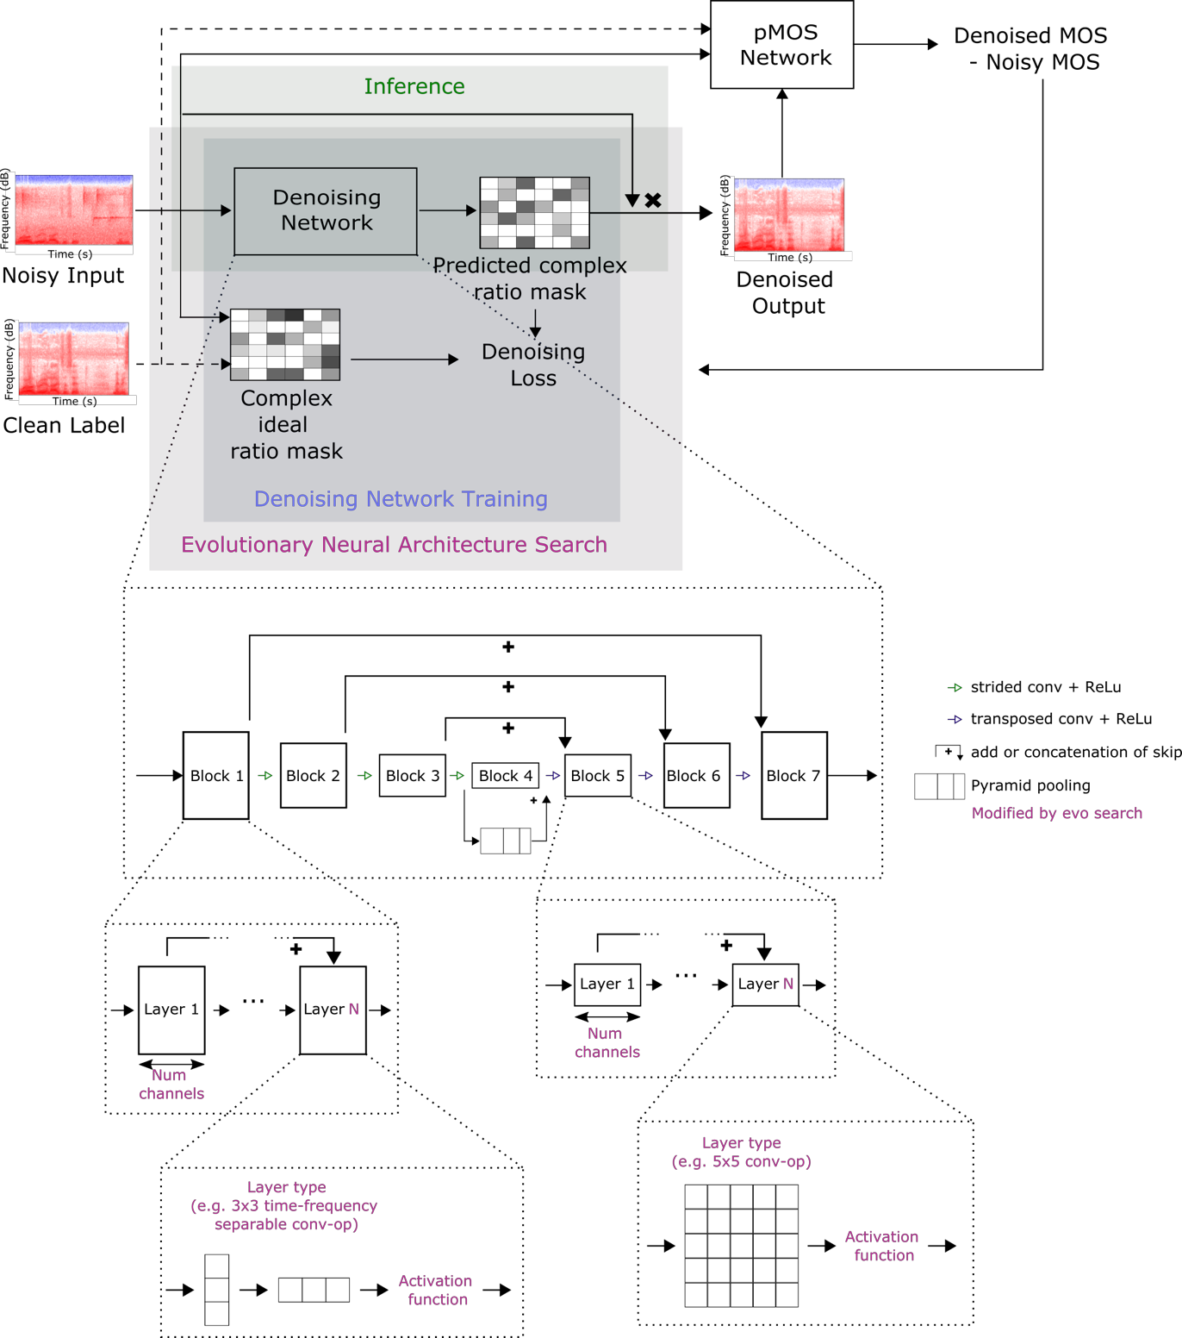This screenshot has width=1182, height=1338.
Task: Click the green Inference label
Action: [x=414, y=86]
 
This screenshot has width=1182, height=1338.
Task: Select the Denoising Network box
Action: [x=326, y=211]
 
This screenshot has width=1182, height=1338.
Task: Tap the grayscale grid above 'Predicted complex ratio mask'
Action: [x=534, y=213]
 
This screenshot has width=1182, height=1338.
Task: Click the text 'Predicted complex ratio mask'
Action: [x=529, y=278]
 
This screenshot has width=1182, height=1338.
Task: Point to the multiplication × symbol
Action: [x=653, y=200]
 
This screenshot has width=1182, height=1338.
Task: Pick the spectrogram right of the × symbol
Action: [x=788, y=215]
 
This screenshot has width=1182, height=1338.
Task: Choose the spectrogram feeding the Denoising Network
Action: [x=74, y=210]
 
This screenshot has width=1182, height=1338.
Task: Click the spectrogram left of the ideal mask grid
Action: [x=74, y=359]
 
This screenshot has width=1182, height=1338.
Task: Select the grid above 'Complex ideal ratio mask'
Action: [x=285, y=345]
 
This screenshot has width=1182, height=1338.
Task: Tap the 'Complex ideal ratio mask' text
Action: [x=286, y=424]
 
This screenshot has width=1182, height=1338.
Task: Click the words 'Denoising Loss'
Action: [x=532, y=365]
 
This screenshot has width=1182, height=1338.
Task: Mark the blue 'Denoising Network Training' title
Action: [x=401, y=499]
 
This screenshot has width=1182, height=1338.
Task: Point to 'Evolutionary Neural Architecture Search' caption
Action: [x=394, y=545]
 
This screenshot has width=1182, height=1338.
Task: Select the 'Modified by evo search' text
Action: [x=1056, y=813]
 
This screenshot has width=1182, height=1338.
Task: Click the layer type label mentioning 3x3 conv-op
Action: [x=284, y=1205]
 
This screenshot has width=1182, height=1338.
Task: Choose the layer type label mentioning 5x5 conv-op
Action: [x=741, y=1152]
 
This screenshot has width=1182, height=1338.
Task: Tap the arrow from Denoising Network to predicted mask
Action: [x=447, y=210]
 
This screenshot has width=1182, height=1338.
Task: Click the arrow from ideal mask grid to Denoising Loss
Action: [x=404, y=360]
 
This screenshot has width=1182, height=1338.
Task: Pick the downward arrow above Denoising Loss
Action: [x=535, y=322]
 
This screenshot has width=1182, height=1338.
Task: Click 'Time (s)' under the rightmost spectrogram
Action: [x=790, y=257]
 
